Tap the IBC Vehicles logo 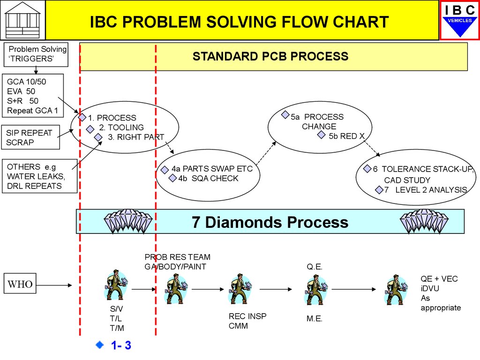point(460,20)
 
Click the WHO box point(20,284)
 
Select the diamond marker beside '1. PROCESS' point(82,117)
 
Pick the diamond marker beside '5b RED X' point(321,135)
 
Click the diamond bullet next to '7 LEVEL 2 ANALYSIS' point(379,190)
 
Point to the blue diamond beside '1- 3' point(100,345)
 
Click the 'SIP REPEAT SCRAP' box point(30,137)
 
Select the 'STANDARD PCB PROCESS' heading point(270,56)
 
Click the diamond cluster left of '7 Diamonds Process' point(128,221)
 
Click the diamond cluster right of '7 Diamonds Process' point(424,221)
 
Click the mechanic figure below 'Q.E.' point(316,289)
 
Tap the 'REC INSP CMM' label point(247,321)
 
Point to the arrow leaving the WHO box point(54,285)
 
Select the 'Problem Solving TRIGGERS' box point(36,54)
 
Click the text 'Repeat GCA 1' point(32,111)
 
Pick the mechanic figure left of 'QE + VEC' point(396,289)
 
